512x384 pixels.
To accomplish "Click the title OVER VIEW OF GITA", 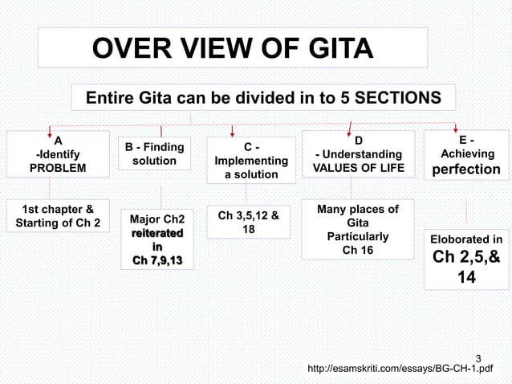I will point(233,52).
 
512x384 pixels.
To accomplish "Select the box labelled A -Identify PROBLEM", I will point(57,154).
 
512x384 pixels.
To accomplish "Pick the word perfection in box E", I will point(466,170).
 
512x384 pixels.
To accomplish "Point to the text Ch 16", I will point(358,250).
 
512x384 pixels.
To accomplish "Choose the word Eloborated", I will point(454,239).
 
